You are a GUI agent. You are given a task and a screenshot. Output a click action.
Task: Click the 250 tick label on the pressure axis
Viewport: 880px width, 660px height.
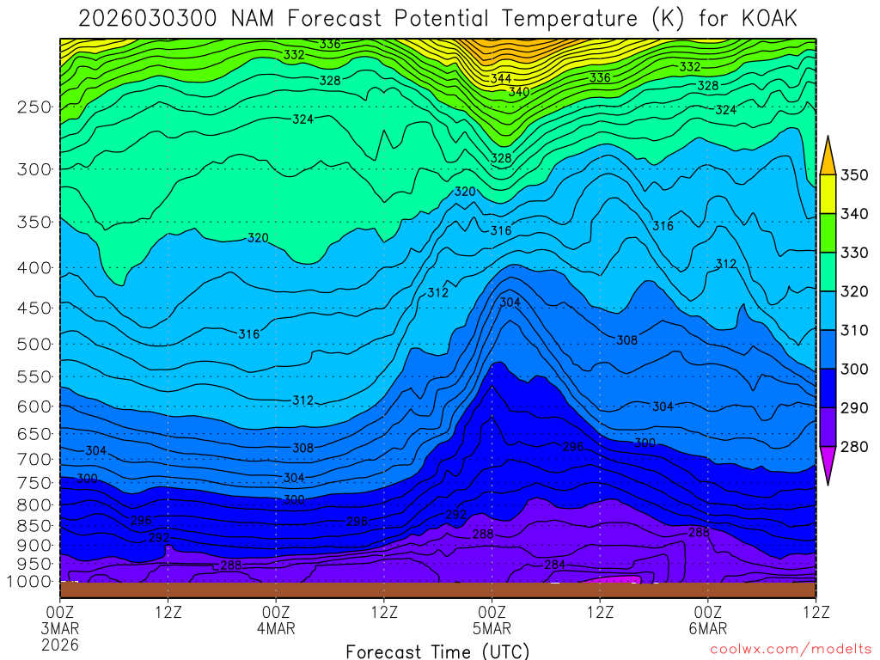34,107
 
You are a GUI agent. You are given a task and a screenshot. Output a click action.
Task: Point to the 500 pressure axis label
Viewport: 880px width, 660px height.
34,344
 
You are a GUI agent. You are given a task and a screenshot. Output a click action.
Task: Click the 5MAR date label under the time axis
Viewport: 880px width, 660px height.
492,628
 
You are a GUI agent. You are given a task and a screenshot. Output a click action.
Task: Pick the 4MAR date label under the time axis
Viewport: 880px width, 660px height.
276,628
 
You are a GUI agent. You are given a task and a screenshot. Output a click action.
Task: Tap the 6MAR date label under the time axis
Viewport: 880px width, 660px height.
707,628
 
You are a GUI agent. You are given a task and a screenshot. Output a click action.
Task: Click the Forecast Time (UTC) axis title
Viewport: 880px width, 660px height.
437,651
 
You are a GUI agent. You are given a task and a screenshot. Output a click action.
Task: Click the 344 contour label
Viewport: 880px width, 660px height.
501,79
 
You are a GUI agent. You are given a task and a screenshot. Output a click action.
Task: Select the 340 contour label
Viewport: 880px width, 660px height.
518,91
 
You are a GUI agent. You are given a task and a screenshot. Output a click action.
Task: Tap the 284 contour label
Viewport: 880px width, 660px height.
555,565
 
